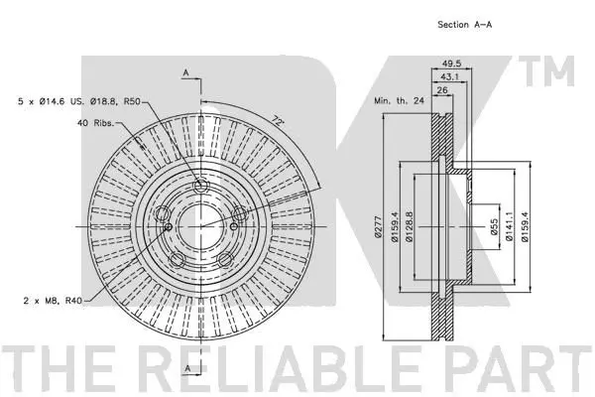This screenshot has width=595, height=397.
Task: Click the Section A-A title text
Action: click(x=464, y=25)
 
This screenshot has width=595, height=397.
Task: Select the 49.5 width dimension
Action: click(x=451, y=64)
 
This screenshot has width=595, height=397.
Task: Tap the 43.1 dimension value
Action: click(x=449, y=76)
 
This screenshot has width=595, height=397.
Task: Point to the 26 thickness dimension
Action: click(x=442, y=90)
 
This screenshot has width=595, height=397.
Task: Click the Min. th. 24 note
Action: click(x=399, y=100)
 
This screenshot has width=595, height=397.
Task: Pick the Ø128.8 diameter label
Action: click(x=409, y=227)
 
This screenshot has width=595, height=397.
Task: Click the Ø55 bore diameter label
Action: click(x=494, y=227)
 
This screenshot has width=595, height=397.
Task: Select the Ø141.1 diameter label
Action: click(x=510, y=227)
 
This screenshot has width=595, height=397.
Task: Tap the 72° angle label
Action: click(x=278, y=121)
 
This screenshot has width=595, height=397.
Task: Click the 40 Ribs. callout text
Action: click(x=95, y=123)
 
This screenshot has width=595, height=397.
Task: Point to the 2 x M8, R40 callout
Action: click(x=53, y=301)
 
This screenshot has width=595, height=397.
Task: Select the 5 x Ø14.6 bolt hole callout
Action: click(x=79, y=101)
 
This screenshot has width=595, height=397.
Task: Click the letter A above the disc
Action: click(x=185, y=72)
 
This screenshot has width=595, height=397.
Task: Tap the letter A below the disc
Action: click(x=187, y=368)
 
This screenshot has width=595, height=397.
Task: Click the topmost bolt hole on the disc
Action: click(x=200, y=186)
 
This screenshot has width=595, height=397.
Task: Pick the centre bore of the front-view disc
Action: click(x=200, y=226)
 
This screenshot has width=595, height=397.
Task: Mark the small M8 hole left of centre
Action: click(x=169, y=227)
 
